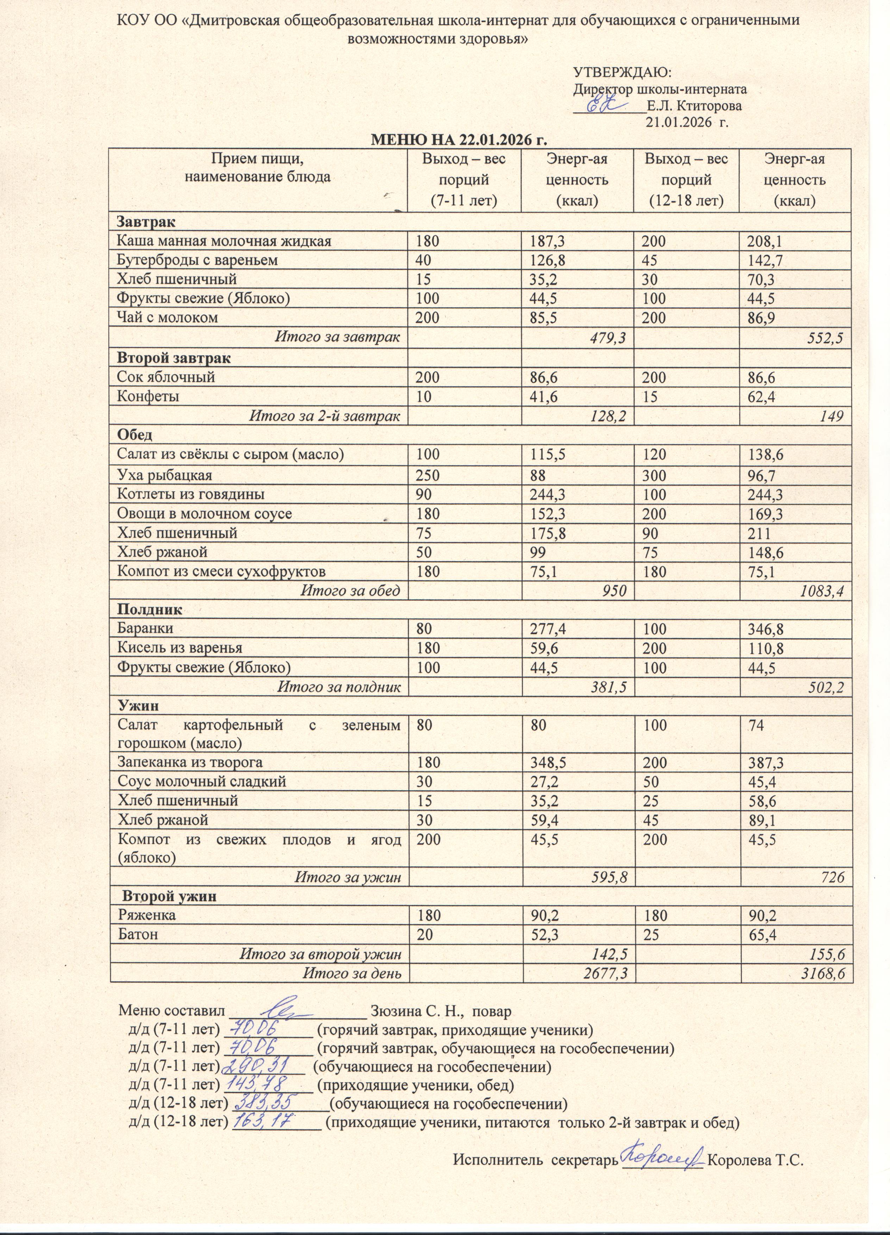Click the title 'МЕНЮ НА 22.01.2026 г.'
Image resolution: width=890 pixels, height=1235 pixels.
[458, 140]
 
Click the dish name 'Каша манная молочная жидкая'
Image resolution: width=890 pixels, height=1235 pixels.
[224, 241]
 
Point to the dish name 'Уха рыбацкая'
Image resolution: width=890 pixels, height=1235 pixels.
[164, 475]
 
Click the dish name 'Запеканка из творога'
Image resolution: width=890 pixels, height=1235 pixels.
[190, 762]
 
